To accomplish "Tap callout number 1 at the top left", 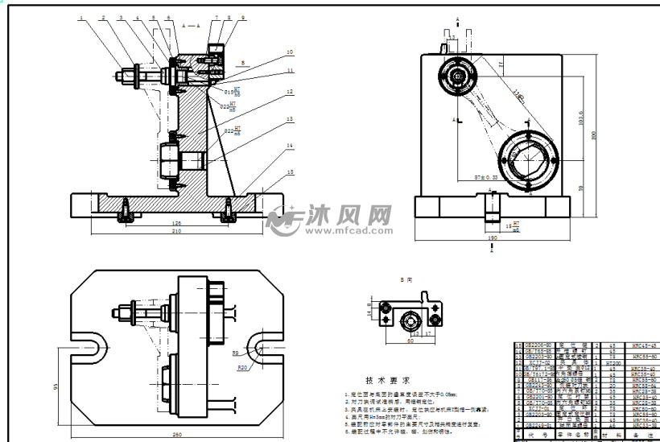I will (x=81, y=17).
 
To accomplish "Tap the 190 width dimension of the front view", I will (x=492, y=238).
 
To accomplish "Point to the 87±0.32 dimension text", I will (x=485, y=175).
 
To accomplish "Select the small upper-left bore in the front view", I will (x=458, y=76).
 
